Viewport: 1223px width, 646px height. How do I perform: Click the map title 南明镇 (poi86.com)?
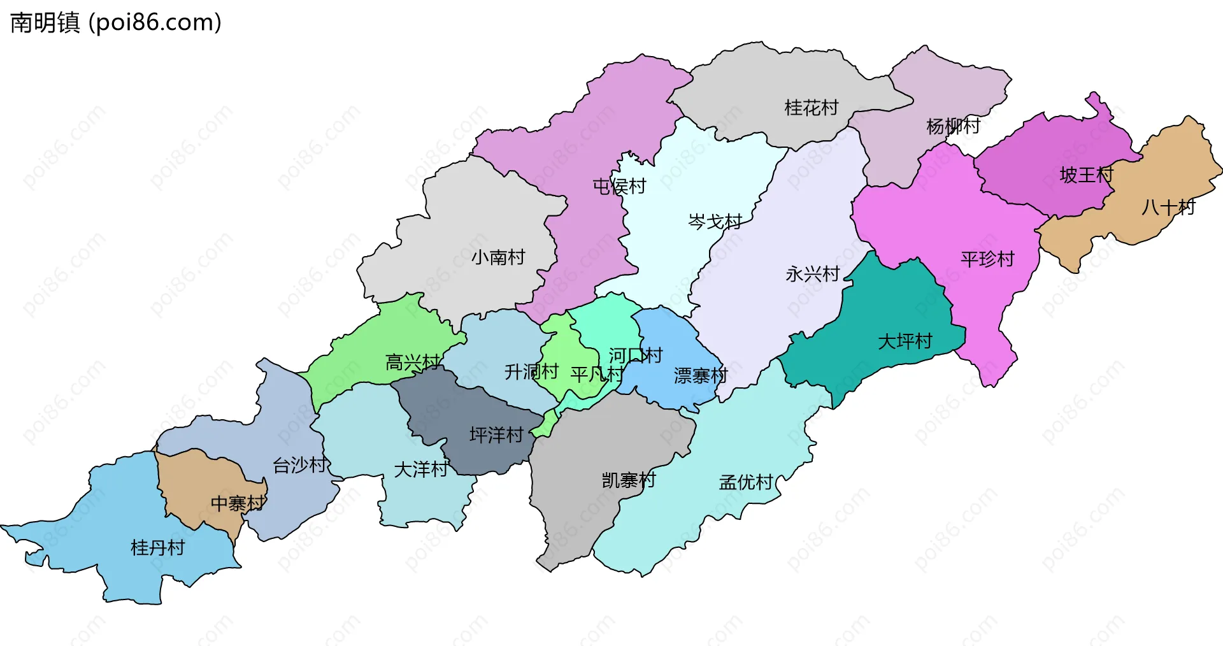pyautogui.click(x=116, y=22)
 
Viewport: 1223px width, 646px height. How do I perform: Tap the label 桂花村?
pyautogui.click(x=811, y=108)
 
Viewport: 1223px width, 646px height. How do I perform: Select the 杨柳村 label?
pyautogui.click(x=953, y=126)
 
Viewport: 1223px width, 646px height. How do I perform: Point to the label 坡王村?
pyautogui.click(x=1086, y=175)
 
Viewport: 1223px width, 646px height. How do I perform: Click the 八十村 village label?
pyautogui.click(x=1168, y=207)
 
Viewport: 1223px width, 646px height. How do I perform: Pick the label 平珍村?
pyautogui.click(x=987, y=259)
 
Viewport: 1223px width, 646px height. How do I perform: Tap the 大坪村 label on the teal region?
pyautogui.click(x=905, y=341)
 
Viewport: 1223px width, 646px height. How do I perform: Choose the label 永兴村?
pyautogui.click(x=812, y=274)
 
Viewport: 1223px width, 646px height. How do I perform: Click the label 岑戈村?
pyautogui.click(x=715, y=222)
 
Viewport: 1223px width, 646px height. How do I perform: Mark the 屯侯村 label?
pyautogui.click(x=619, y=186)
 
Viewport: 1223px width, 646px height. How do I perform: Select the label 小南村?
pyautogui.click(x=498, y=257)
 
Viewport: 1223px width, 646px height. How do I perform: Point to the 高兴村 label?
pyautogui.click(x=412, y=362)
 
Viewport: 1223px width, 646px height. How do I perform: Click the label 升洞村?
pyautogui.click(x=531, y=371)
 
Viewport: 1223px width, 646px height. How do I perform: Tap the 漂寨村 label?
pyautogui.click(x=700, y=376)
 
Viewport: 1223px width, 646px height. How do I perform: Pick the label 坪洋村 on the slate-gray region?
pyautogui.click(x=496, y=435)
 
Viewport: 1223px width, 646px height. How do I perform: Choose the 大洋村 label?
pyautogui.click(x=420, y=470)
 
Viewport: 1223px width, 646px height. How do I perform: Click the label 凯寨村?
pyautogui.click(x=629, y=480)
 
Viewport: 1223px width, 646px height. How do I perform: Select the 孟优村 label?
pyautogui.click(x=746, y=482)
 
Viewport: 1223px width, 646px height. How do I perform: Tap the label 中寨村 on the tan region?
pyautogui.click(x=238, y=503)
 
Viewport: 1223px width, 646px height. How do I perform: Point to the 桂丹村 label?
pyautogui.click(x=157, y=547)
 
